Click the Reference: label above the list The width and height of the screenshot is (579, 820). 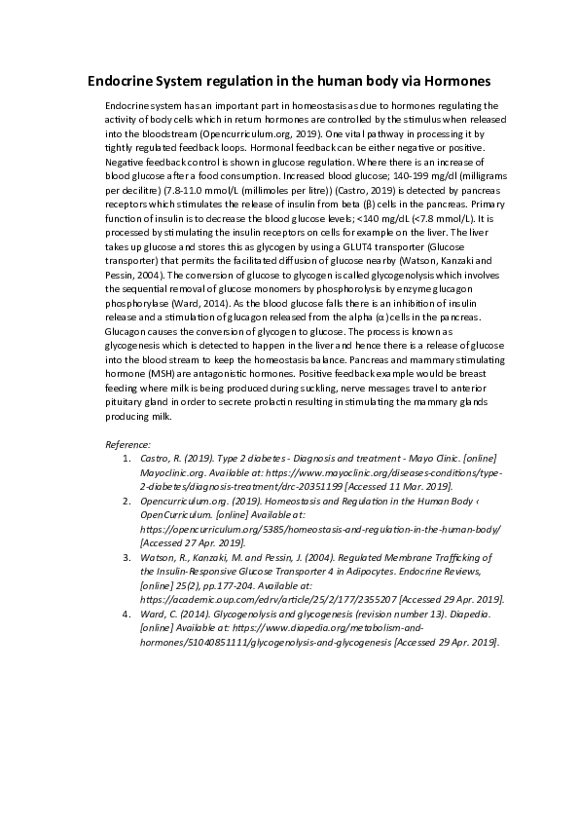point(127,444)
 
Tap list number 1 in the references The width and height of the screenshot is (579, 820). point(126,457)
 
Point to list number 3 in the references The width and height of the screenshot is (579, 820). point(126,558)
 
